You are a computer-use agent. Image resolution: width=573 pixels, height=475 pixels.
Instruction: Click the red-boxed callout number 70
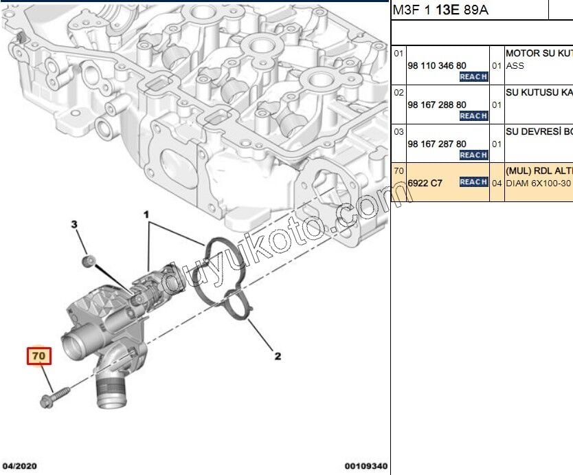click(38, 356)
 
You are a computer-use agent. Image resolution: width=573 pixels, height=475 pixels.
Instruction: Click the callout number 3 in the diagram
click(76, 224)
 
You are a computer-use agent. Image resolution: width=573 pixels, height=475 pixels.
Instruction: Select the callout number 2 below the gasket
click(278, 356)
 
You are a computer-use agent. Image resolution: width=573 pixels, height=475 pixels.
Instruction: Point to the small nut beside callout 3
click(88, 261)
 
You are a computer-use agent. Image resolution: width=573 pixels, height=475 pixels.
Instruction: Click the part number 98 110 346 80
click(436, 65)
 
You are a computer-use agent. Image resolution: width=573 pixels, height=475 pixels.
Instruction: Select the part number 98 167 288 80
click(436, 104)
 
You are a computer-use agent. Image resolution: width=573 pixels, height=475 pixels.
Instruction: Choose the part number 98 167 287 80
click(436, 144)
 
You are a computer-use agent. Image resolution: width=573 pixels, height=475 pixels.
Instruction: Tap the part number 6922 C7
click(425, 183)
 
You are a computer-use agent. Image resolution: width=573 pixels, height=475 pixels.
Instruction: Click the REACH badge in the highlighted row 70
click(473, 182)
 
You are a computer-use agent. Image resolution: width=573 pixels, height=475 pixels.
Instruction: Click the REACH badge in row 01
click(473, 77)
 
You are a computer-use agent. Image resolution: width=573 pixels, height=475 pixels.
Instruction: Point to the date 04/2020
click(19, 466)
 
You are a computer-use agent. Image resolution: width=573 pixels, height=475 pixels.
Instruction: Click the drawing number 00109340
click(366, 466)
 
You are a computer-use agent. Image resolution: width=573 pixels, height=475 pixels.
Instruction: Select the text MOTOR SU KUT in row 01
click(539, 53)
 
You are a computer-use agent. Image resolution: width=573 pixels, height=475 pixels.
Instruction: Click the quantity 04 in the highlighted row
click(497, 183)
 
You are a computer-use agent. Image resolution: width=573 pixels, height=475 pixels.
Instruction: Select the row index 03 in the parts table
click(398, 131)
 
